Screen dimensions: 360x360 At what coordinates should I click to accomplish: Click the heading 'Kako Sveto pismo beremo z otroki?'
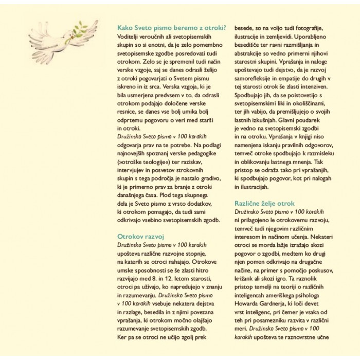click(171, 28)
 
